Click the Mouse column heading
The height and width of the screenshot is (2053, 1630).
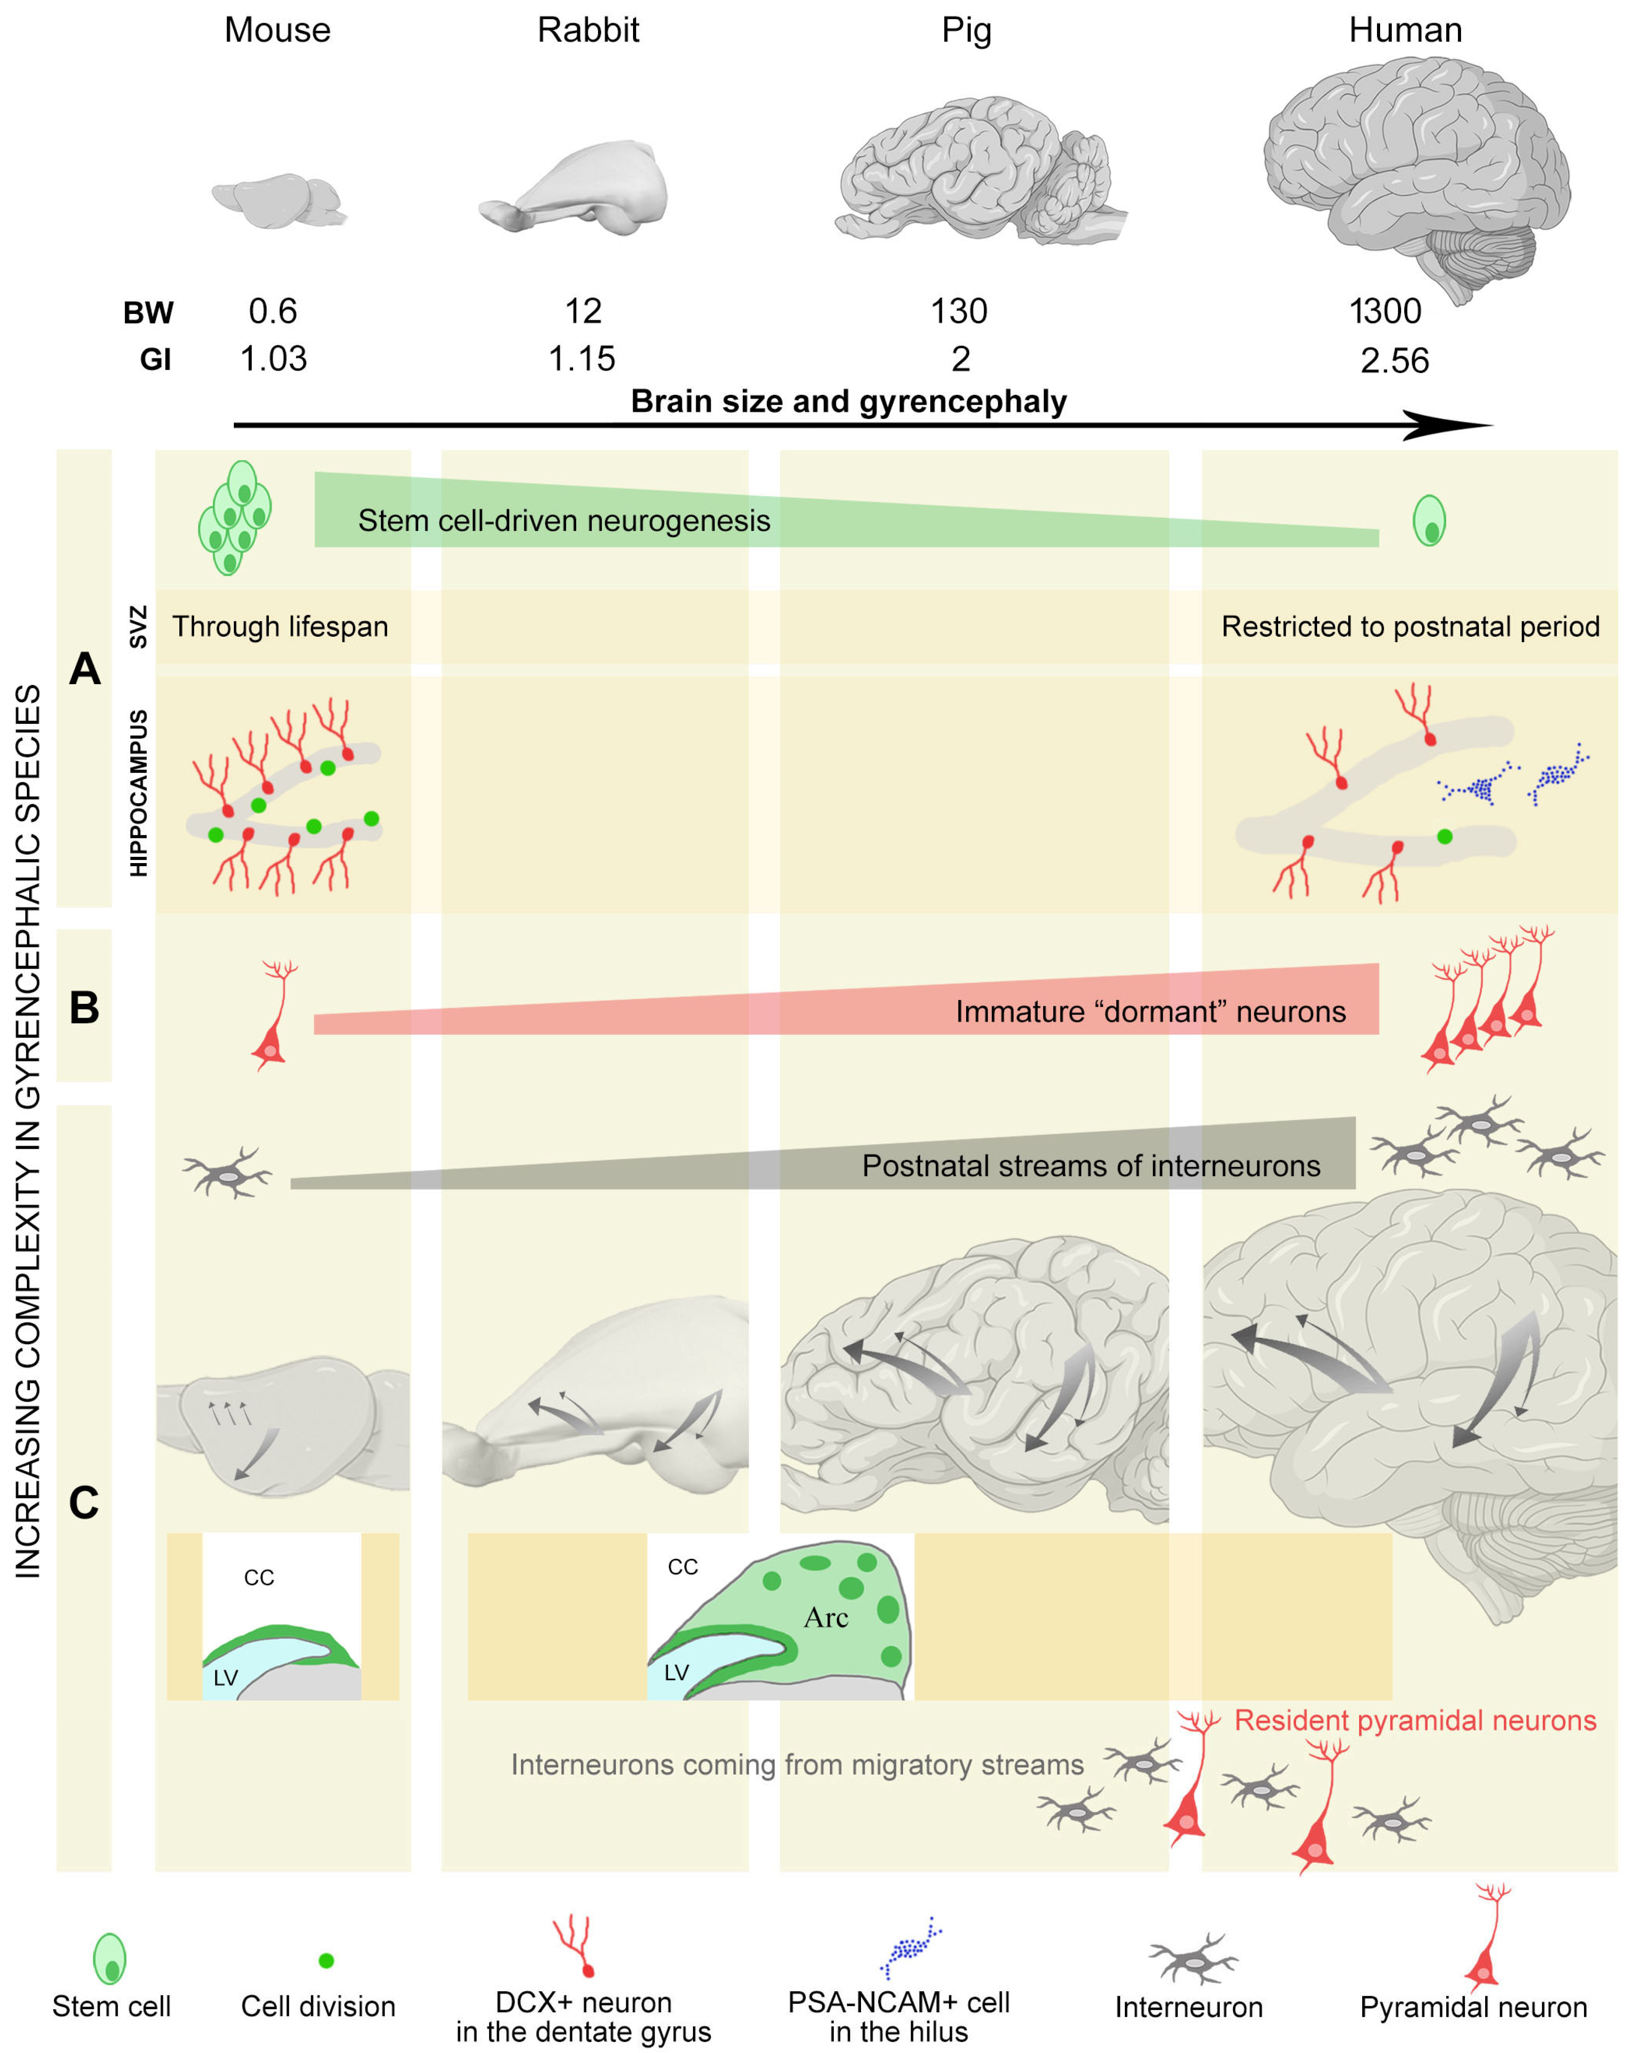coord(277,30)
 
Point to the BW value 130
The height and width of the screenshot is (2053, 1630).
coord(959,311)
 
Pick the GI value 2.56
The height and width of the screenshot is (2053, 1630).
coord(1394,361)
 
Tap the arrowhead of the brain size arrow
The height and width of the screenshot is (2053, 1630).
coord(1447,426)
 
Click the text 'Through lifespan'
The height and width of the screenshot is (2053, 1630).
coord(280,626)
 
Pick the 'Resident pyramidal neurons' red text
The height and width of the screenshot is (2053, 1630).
coord(1415,1721)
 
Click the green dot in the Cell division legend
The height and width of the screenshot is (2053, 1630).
coord(325,1960)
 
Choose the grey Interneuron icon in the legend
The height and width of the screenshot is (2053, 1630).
coord(1192,1960)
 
